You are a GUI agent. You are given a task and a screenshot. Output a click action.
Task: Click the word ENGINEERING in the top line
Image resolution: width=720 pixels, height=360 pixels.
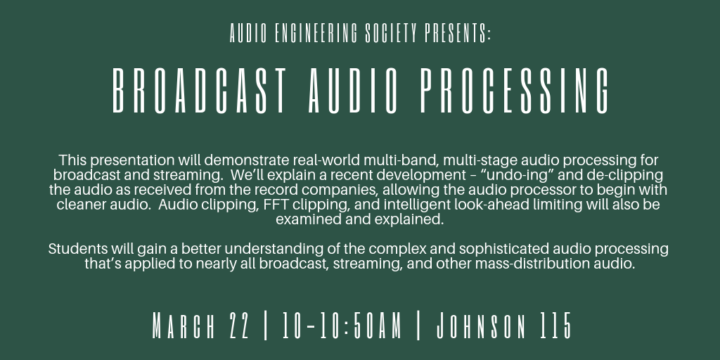[316, 34]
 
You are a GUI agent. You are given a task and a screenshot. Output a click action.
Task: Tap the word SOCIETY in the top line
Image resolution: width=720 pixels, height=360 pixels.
[391, 34]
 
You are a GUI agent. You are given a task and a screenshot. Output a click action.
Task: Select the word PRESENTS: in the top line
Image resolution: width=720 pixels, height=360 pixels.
[458, 34]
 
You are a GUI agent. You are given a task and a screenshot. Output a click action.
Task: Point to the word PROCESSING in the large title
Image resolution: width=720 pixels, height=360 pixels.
[514, 91]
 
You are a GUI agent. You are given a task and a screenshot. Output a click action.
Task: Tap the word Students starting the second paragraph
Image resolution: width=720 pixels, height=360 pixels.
[77, 249]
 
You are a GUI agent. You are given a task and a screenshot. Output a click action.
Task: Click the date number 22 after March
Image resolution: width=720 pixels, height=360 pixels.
[239, 326]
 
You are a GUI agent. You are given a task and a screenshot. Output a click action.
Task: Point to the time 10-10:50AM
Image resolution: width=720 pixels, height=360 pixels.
[342, 326]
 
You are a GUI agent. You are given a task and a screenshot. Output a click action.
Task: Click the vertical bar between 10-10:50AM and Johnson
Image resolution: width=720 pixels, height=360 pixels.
[418, 326]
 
